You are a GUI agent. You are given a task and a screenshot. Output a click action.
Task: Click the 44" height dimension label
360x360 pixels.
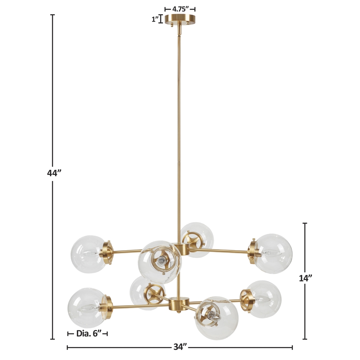coord(54,173)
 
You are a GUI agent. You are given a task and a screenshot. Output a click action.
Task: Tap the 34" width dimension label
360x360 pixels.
coord(180,347)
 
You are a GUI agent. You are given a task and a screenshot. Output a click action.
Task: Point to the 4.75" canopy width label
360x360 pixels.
coord(180,9)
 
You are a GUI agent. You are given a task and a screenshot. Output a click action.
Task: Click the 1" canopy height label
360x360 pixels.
coord(155,19)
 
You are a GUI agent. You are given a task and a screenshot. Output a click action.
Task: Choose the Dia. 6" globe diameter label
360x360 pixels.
coord(89,333)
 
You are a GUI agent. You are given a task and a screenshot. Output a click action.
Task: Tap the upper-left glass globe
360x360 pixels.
coord(88,254)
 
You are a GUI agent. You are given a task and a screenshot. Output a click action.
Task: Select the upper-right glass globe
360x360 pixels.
coord(274,253)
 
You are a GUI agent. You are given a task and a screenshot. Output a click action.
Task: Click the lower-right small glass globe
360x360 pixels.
coord(263,299)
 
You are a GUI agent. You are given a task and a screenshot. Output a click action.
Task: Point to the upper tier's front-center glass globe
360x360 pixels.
coord(160,262)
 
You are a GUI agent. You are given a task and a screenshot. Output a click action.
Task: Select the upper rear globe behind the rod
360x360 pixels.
coord(197,237)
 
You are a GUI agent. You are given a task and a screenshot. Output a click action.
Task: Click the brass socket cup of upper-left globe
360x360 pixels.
coord(108,253)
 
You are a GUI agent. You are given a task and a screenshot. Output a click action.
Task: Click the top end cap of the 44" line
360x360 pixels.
coord(52,15)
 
